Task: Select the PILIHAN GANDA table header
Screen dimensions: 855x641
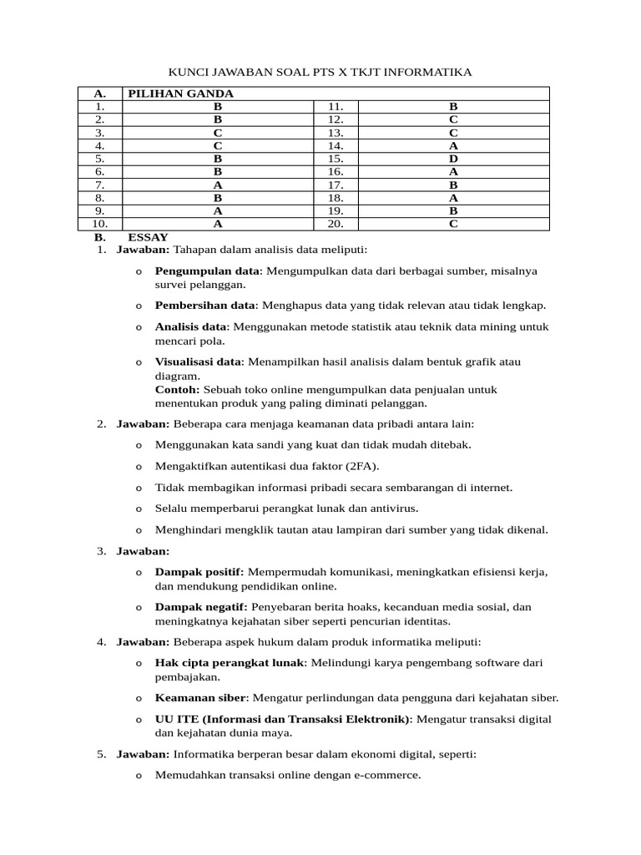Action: pos(180,94)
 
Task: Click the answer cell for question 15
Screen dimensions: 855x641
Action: pos(453,157)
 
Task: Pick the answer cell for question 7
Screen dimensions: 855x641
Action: pos(218,184)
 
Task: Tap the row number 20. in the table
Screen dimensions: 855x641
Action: pos(336,224)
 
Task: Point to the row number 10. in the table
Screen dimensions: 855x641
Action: pos(99,224)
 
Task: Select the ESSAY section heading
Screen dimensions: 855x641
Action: pos(154,237)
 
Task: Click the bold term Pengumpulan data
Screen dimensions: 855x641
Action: pos(207,271)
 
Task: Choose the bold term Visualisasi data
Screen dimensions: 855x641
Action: pos(198,362)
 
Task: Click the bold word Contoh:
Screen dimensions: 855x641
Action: pos(177,389)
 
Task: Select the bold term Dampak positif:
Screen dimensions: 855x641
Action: pos(199,572)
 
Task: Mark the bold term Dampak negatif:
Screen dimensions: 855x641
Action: pos(201,607)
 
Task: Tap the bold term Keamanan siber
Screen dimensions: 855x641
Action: pos(200,697)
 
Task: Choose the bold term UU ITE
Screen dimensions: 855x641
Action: pos(174,719)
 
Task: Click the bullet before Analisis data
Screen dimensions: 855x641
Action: pos(138,327)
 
